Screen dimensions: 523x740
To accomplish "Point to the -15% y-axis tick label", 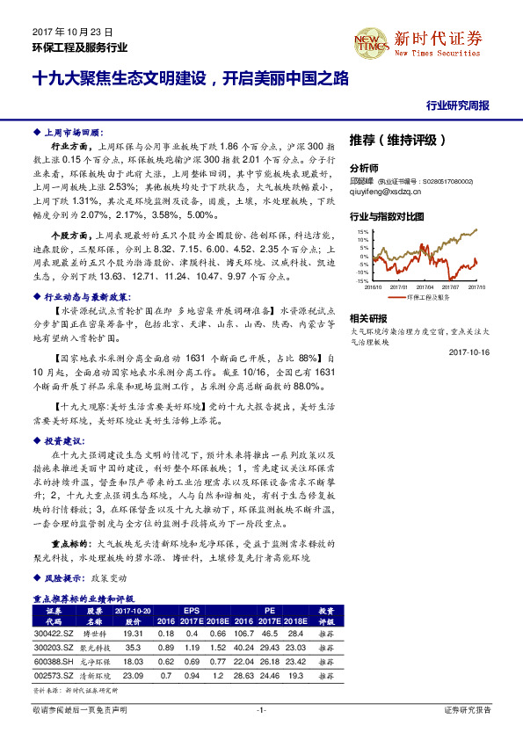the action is point(361,280).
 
